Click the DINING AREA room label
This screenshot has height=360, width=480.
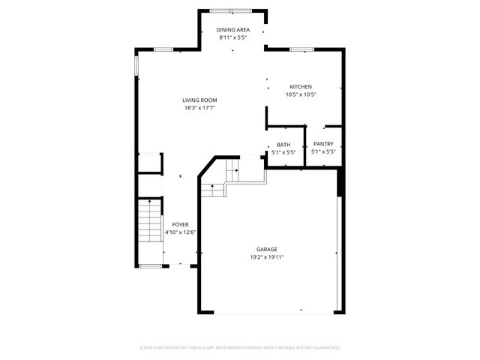pos(233,30)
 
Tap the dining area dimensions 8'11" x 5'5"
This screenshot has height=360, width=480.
pos(233,37)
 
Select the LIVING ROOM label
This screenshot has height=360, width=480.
pos(199,100)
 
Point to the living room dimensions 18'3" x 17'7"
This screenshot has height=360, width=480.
pos(199,107)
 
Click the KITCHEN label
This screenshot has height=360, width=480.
pos(301,87)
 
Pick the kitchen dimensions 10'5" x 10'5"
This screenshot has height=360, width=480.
pos(301,94)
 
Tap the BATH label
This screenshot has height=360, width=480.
pos(283,144)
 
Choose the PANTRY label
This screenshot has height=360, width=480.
pos(323,144)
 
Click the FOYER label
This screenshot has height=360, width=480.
pos(180,224)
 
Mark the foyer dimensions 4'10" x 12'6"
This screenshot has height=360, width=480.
pos(180,232)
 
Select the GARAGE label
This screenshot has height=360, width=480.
pos(267,249)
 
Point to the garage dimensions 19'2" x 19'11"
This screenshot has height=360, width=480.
pos(267,256)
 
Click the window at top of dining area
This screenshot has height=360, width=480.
pos(231,10)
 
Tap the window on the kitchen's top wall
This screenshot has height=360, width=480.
pos(301,49)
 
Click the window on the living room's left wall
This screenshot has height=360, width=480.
pos(136,66)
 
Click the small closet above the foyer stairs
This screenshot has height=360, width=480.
pos(149,163)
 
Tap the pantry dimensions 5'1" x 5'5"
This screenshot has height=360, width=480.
pos(323,151)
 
